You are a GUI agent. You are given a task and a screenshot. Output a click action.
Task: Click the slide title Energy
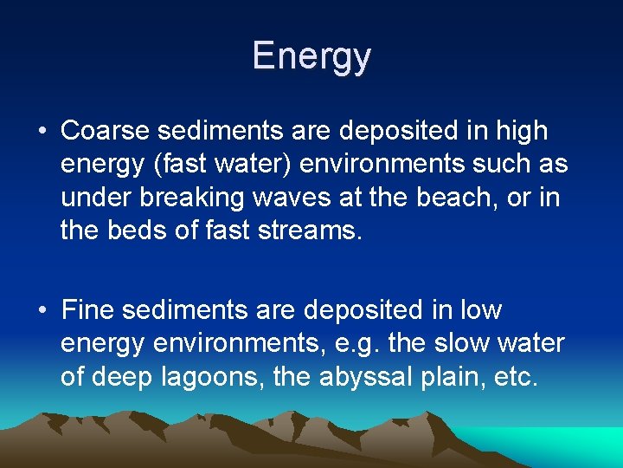click(311, 56)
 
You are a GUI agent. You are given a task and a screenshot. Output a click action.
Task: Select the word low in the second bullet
click(482, 310)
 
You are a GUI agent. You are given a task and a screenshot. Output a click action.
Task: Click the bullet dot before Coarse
click(42, 132)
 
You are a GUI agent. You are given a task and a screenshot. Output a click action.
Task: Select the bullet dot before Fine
click(42, 311)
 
